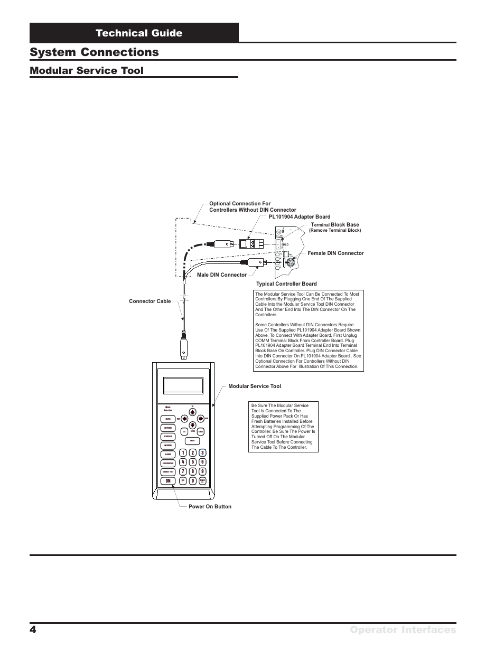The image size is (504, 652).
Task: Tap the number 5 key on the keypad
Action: pos(193,462)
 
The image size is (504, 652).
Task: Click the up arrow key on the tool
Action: pos(193,413)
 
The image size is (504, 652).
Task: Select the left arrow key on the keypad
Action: pos(184,419)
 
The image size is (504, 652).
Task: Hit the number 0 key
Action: pos(193,481)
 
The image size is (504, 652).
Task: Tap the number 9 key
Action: pos(202,471)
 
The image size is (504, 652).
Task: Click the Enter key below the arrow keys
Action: pos(193,441)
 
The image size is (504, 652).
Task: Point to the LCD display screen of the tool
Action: pos(183,385)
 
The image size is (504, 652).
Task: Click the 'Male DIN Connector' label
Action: pos(221,275)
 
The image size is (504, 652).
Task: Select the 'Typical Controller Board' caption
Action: pos(286,284)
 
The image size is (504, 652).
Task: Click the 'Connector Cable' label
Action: pos(150,301)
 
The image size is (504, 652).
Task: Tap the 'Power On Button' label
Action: pos(210,507)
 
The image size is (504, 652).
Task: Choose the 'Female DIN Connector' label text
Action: pos(336,253)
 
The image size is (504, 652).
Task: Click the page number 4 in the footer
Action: pos(33,630)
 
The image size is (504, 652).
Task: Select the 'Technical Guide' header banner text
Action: pos(139,33)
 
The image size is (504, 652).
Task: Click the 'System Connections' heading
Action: pos(95,52)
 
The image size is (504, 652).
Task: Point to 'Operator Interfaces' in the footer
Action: pos(409,630)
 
